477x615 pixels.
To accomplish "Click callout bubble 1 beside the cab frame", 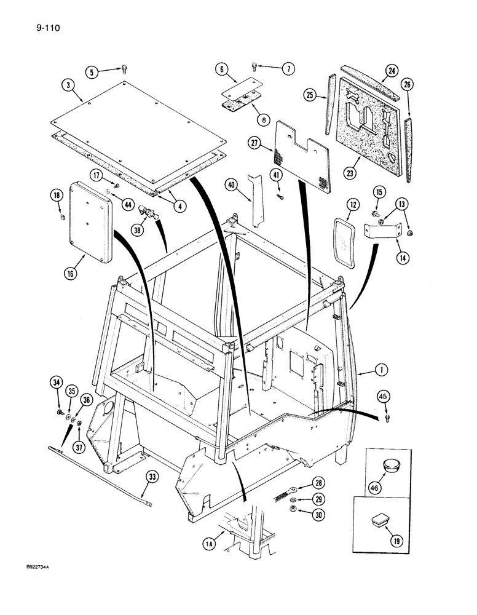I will (x=383, y=370).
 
